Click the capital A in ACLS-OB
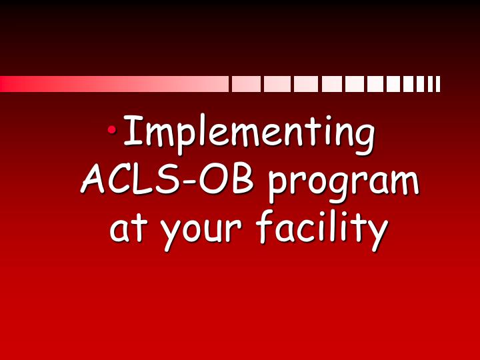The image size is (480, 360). click(94, 180)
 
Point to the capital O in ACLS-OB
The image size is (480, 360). click(221, 180)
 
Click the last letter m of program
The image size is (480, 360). click(404, 184)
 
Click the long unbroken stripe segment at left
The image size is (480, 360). click(113, 84)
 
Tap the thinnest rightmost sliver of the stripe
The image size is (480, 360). click(438, 84)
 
